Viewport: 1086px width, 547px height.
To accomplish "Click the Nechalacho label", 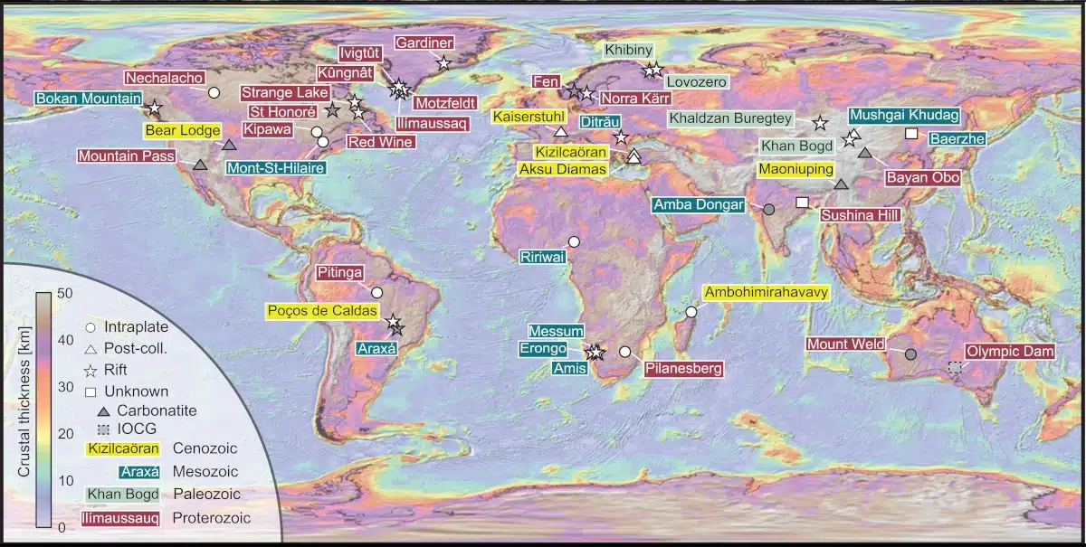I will (x=166, y=79).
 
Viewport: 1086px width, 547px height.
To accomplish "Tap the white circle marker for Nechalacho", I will (x=214, y=92).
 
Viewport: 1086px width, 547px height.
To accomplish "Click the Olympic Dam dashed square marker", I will (x=954, y=366).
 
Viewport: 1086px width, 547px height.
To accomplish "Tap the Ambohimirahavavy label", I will (x=767, y=292).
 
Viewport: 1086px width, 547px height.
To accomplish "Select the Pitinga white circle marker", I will (x=376, y=293).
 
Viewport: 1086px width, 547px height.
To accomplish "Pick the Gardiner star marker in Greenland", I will (x=443, y=62).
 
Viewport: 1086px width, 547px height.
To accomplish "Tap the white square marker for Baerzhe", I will (x=911, y=134).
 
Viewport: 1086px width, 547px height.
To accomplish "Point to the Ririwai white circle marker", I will (x=573, y=241).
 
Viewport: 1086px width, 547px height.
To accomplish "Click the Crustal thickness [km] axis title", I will (x=24, y=410).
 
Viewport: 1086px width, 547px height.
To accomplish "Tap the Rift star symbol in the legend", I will (x=90, y=371).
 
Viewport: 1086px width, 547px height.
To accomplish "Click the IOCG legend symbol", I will (x=102, y=428).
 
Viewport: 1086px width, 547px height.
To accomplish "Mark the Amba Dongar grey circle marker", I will (x=768, y=209).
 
